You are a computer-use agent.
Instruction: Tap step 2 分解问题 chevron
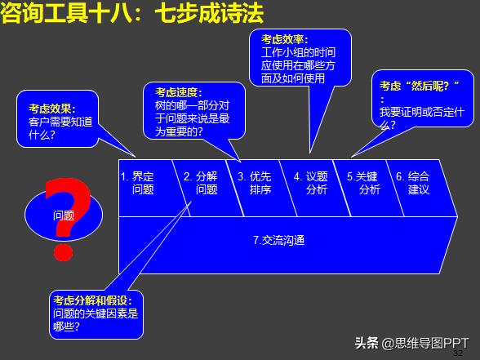(201, 182)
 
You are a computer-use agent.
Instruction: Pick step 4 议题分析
(311, 182)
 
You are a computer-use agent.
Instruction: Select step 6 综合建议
(413, 182)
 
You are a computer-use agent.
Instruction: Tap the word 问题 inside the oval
(63, 216)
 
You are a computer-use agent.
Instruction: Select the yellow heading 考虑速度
(179, 92)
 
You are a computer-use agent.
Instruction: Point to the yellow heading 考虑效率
(284, 40)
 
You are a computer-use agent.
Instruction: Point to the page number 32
(458, 353)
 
